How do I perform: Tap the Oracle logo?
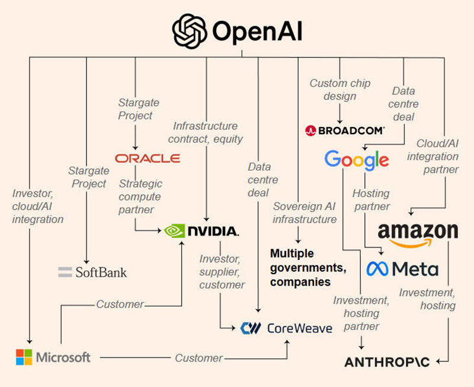[x=148, y=158]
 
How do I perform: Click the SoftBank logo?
[x=92, y=272]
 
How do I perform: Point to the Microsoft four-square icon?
[x=24, y=357]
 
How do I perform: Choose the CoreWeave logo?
[x=286, y=328]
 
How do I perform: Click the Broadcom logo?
[x=345, y=130]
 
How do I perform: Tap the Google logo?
[x=357, y=160]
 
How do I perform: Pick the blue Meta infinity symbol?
[x=378, y=269]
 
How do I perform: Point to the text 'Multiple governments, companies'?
[x=308, y=268]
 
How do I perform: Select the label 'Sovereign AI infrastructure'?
[x=305, y=212]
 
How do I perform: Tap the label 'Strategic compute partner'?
[x=140, y=197]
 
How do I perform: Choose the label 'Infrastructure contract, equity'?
[x=205, y=132]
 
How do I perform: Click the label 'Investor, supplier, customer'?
[x=222, y=272]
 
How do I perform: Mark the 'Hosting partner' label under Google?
[x=371, y=200]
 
